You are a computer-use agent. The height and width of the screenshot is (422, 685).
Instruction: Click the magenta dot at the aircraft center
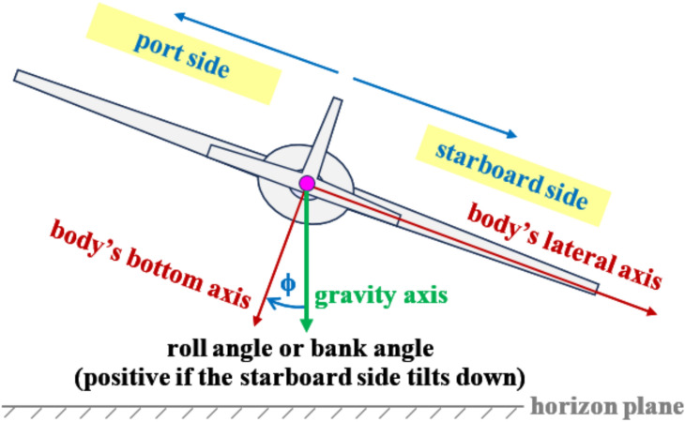[x=306, y=183]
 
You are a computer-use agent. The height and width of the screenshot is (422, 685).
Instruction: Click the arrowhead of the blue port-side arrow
[x=177, y=16]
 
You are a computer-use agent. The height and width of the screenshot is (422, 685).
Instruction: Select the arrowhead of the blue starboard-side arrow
[x=511, y=134]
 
